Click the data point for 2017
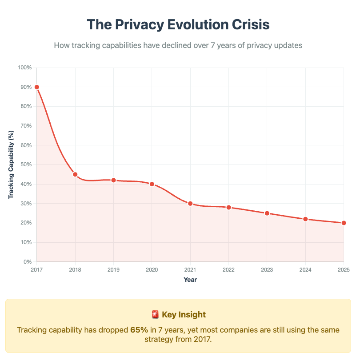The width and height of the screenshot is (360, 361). pos(37,87)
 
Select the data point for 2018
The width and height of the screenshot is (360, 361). pos(75,174)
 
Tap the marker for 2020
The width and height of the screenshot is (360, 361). pos(152,184)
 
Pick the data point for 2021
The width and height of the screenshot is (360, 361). pos(190,204)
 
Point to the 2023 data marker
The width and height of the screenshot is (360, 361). pos(267,213)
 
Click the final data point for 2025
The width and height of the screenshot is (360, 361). pos(344,223)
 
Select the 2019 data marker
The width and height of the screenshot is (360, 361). pos(113,180)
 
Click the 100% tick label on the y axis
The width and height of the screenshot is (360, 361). pos(24,68)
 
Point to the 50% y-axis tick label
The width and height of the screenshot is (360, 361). pos(26,164)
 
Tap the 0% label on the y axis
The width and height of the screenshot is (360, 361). pos(27,262)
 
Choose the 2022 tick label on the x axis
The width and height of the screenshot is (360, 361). pos(228,270)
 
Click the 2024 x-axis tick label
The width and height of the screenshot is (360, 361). pos(305,270)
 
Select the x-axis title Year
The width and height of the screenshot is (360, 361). pos(190,280)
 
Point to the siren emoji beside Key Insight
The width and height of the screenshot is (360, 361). pos(155,315)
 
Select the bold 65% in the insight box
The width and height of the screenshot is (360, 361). pos(139,330)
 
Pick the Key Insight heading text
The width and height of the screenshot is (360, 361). pos(184,315)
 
